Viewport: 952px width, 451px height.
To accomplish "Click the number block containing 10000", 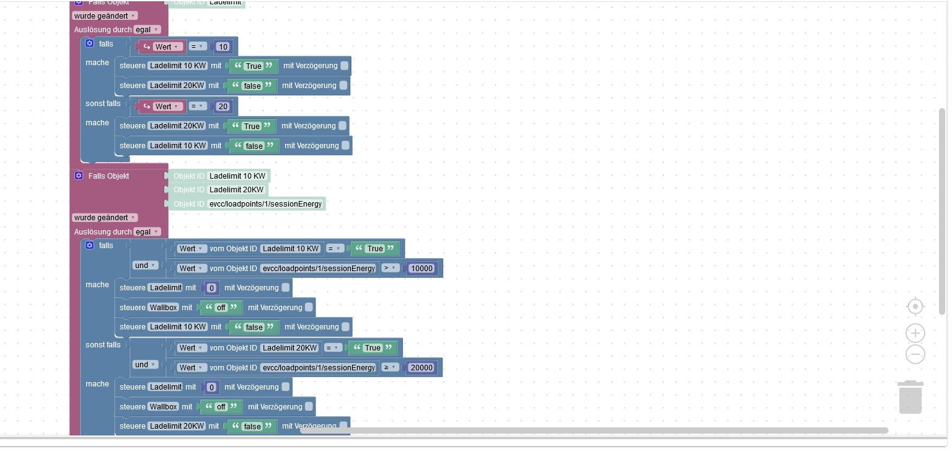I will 421,268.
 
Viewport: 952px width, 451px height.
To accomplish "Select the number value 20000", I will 421,368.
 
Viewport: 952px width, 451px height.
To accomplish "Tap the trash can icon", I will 910,397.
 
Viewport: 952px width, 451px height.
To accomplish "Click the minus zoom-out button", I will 915,354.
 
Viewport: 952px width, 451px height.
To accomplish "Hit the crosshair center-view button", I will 915,306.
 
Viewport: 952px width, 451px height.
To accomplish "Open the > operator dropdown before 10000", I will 390,268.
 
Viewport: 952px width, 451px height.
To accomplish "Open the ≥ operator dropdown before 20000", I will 390,368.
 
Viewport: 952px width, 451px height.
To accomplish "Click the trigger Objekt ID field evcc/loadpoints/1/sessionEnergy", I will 266,203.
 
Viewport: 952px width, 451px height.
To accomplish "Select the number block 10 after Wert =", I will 223,47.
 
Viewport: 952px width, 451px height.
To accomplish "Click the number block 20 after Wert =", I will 223,107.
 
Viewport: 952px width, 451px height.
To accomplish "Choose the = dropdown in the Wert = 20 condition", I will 197,107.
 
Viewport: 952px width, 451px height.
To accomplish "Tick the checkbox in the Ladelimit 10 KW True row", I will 344,66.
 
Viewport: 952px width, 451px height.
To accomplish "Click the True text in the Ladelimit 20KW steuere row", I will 252,126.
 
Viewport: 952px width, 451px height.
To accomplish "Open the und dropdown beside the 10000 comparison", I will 146,266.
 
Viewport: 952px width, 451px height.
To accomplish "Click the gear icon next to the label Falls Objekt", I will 78,176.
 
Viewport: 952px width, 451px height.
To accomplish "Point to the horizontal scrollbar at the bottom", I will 594,431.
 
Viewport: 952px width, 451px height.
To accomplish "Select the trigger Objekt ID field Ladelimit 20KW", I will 236,190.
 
